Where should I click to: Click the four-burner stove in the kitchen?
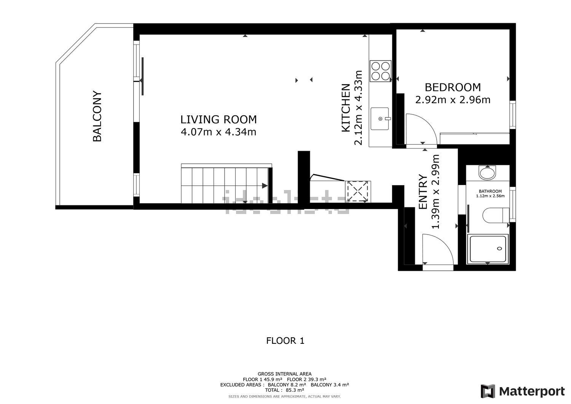coord(380,71)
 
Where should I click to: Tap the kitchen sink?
coord(380,118)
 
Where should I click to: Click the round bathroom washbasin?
coord(487,172)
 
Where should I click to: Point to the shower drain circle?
coord(499,248)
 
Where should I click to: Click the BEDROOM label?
coord(453,88)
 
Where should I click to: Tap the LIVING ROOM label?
coord(219,119)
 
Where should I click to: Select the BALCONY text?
coord(97,116)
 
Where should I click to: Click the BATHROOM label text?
coord(490,191)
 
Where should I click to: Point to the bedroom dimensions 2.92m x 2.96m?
coord(453,100)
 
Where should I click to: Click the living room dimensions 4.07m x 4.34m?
coord(219,132)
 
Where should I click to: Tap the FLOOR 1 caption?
coord(285,341)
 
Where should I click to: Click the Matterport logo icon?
coord(488,391)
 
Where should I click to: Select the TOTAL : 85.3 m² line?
coord(284,390)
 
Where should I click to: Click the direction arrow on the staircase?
coord(265,186)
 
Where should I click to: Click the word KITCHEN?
coord(346,108)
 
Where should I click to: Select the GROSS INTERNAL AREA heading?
coord(284,374)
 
